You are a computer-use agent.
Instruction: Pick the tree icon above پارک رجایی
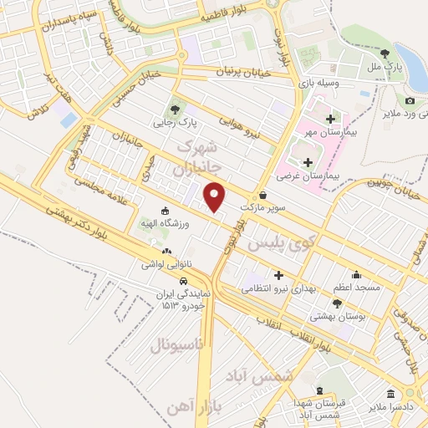[x=175, y=109]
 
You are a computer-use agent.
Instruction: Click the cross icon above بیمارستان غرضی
[x=308, y=161]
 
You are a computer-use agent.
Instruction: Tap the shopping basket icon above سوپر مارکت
[x=262, y=195]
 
